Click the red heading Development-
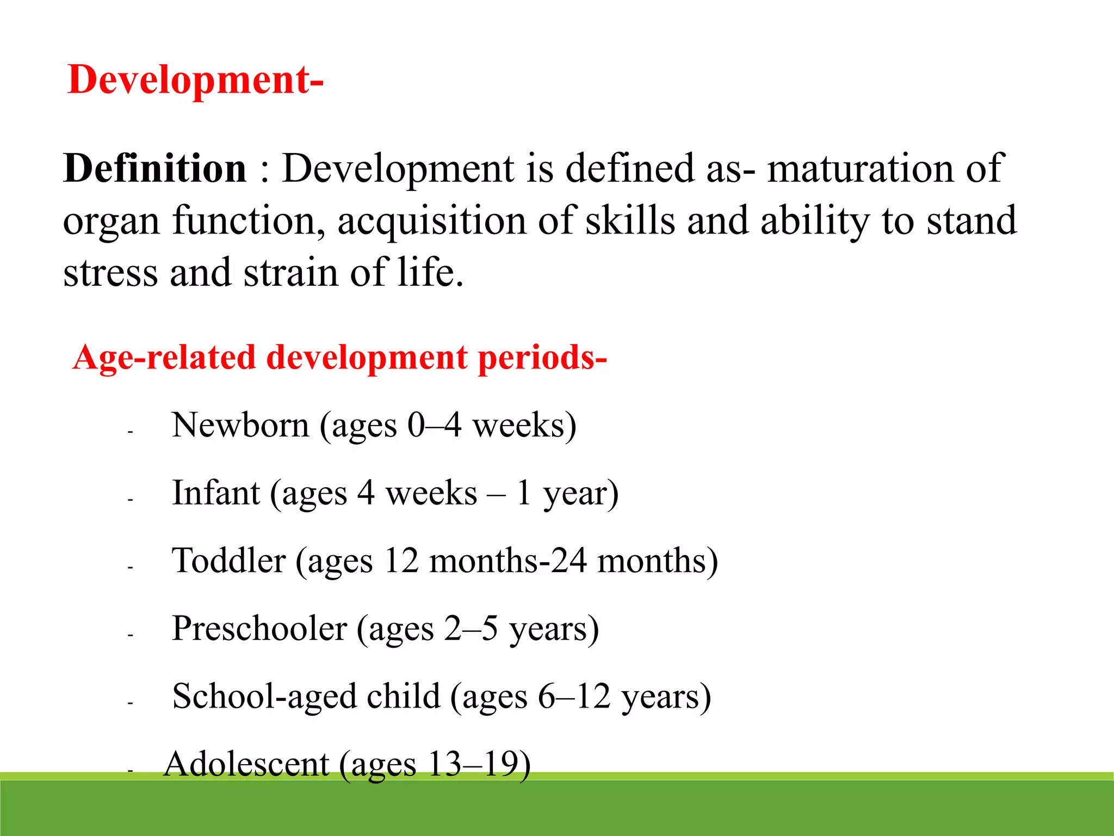pyautogui.click(x=196, y=81)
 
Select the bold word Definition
pyautogui.click(x=155, y=168)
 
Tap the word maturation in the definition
pyautogui.click(x=860, y=168)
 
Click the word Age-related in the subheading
pyautogui.click(x=164, y=358)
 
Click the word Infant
pyautogui.click(x=216, y=493)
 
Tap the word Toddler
pyautogui.click(x=228, y=561)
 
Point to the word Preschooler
pyautogui.click(x=259, y=629)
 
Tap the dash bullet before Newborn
pyautogui.click(x=131, y=432)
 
